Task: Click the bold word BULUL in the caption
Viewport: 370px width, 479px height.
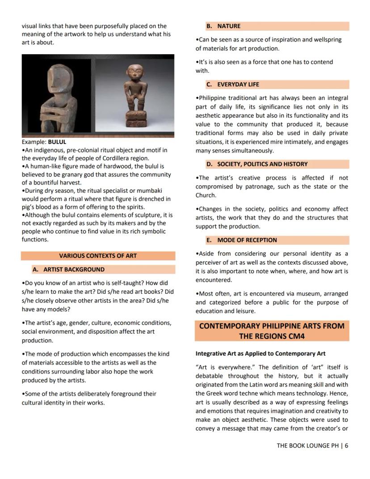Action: click(57, 142)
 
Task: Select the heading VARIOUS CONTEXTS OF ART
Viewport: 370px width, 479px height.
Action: click(98, 256)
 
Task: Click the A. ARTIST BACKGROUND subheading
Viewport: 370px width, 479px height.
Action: click(74, 270)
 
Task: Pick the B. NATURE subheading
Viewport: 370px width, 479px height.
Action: click(229, 26)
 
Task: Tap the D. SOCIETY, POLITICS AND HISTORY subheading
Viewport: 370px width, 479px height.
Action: click(262, 164)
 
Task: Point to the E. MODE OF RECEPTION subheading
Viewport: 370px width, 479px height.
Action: click(247, 240)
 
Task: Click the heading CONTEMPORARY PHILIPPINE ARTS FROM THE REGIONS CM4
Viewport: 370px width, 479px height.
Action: click(272, 331)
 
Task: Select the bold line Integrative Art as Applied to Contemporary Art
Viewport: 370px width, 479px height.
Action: click(261, 353)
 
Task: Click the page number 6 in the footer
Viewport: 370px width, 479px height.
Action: click(346, 445)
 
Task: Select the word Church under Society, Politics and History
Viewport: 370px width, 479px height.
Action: click(205, 195)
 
